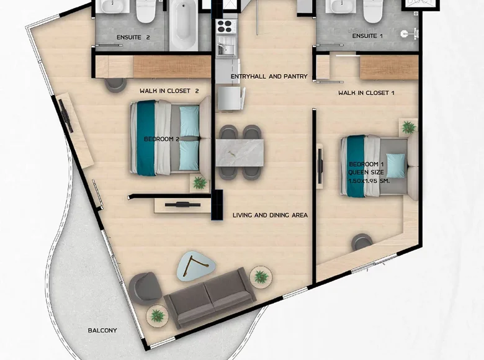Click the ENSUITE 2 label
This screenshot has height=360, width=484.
tap(133, 37)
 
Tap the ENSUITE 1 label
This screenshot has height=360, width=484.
tap(367, 37)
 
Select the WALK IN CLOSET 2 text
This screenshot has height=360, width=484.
tap(169, 91)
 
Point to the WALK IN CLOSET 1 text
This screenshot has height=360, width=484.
tap(366, 93)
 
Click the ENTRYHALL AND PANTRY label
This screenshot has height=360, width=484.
tap(269, 76)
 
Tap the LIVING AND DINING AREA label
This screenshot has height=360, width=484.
tap(270, 215)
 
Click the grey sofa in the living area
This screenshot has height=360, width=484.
tap(210, 297)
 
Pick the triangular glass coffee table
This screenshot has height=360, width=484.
tap(196, 266)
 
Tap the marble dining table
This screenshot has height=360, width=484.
tap(240, 153)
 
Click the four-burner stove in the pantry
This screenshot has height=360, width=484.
tap(223, 27)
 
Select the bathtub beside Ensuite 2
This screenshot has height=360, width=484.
tap(184, 25)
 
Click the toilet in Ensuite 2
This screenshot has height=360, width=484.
tap(145, 11)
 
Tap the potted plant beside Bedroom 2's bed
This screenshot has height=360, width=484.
tap(199, 183)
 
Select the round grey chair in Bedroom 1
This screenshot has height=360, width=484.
tap(362, 242)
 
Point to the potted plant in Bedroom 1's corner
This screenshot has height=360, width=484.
tap(408, 128)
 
